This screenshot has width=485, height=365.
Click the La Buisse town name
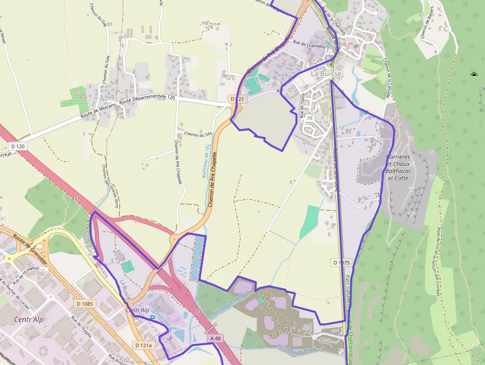[x=326, y=74]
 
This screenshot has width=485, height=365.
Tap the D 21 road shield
[x=238, y=99]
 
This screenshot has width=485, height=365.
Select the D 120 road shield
[x=17, y=146]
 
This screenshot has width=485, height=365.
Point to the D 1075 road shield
[x=341, y=262]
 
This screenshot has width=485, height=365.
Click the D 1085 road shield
[x=85, y=303]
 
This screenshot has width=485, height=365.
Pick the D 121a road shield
[x=144, y=345]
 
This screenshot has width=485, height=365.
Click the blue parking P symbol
[x=152, y=318]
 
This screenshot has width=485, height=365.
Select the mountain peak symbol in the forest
[x=474, y=75]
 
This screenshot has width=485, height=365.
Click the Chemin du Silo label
[x=198, y=134]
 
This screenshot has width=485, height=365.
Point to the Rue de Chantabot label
[x=309, y=44]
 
